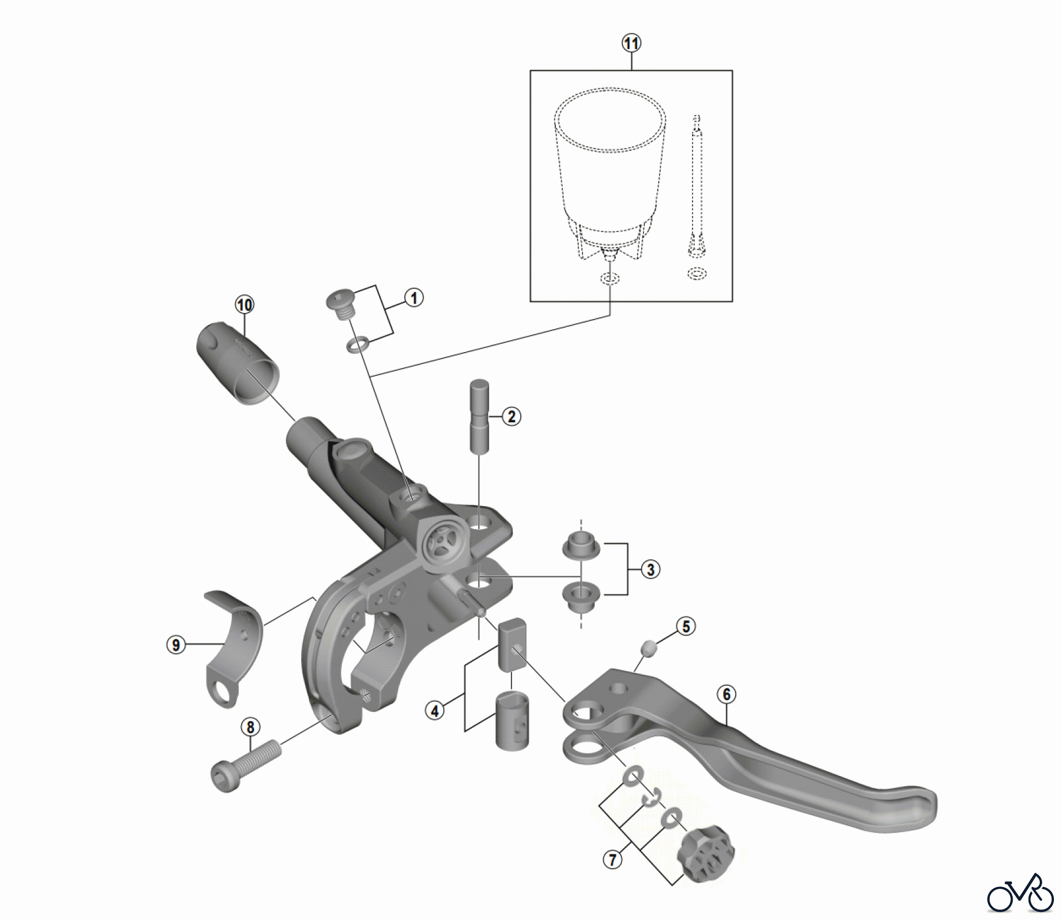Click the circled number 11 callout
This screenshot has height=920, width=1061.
(x=631, y=43)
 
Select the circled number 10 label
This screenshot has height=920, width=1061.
(x=244, y=305)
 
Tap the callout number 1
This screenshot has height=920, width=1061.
(x=414, y=298)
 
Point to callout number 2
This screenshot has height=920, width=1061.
(x=511, y=417)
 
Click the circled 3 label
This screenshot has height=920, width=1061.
(x=650, y=570)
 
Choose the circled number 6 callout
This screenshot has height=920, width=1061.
(x=726, y=695)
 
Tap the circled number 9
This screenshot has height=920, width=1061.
(x=176, y=645)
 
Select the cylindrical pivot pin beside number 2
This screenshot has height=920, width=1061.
(x=479, y=416)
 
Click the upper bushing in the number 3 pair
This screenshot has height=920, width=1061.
(x=581, y=546)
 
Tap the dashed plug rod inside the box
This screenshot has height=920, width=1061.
(x=697, y=189)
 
